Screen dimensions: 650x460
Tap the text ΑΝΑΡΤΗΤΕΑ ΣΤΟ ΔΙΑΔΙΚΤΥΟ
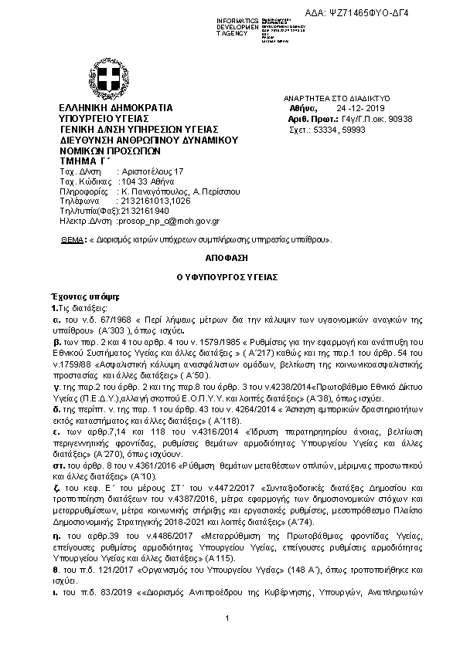pos(338,99)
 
